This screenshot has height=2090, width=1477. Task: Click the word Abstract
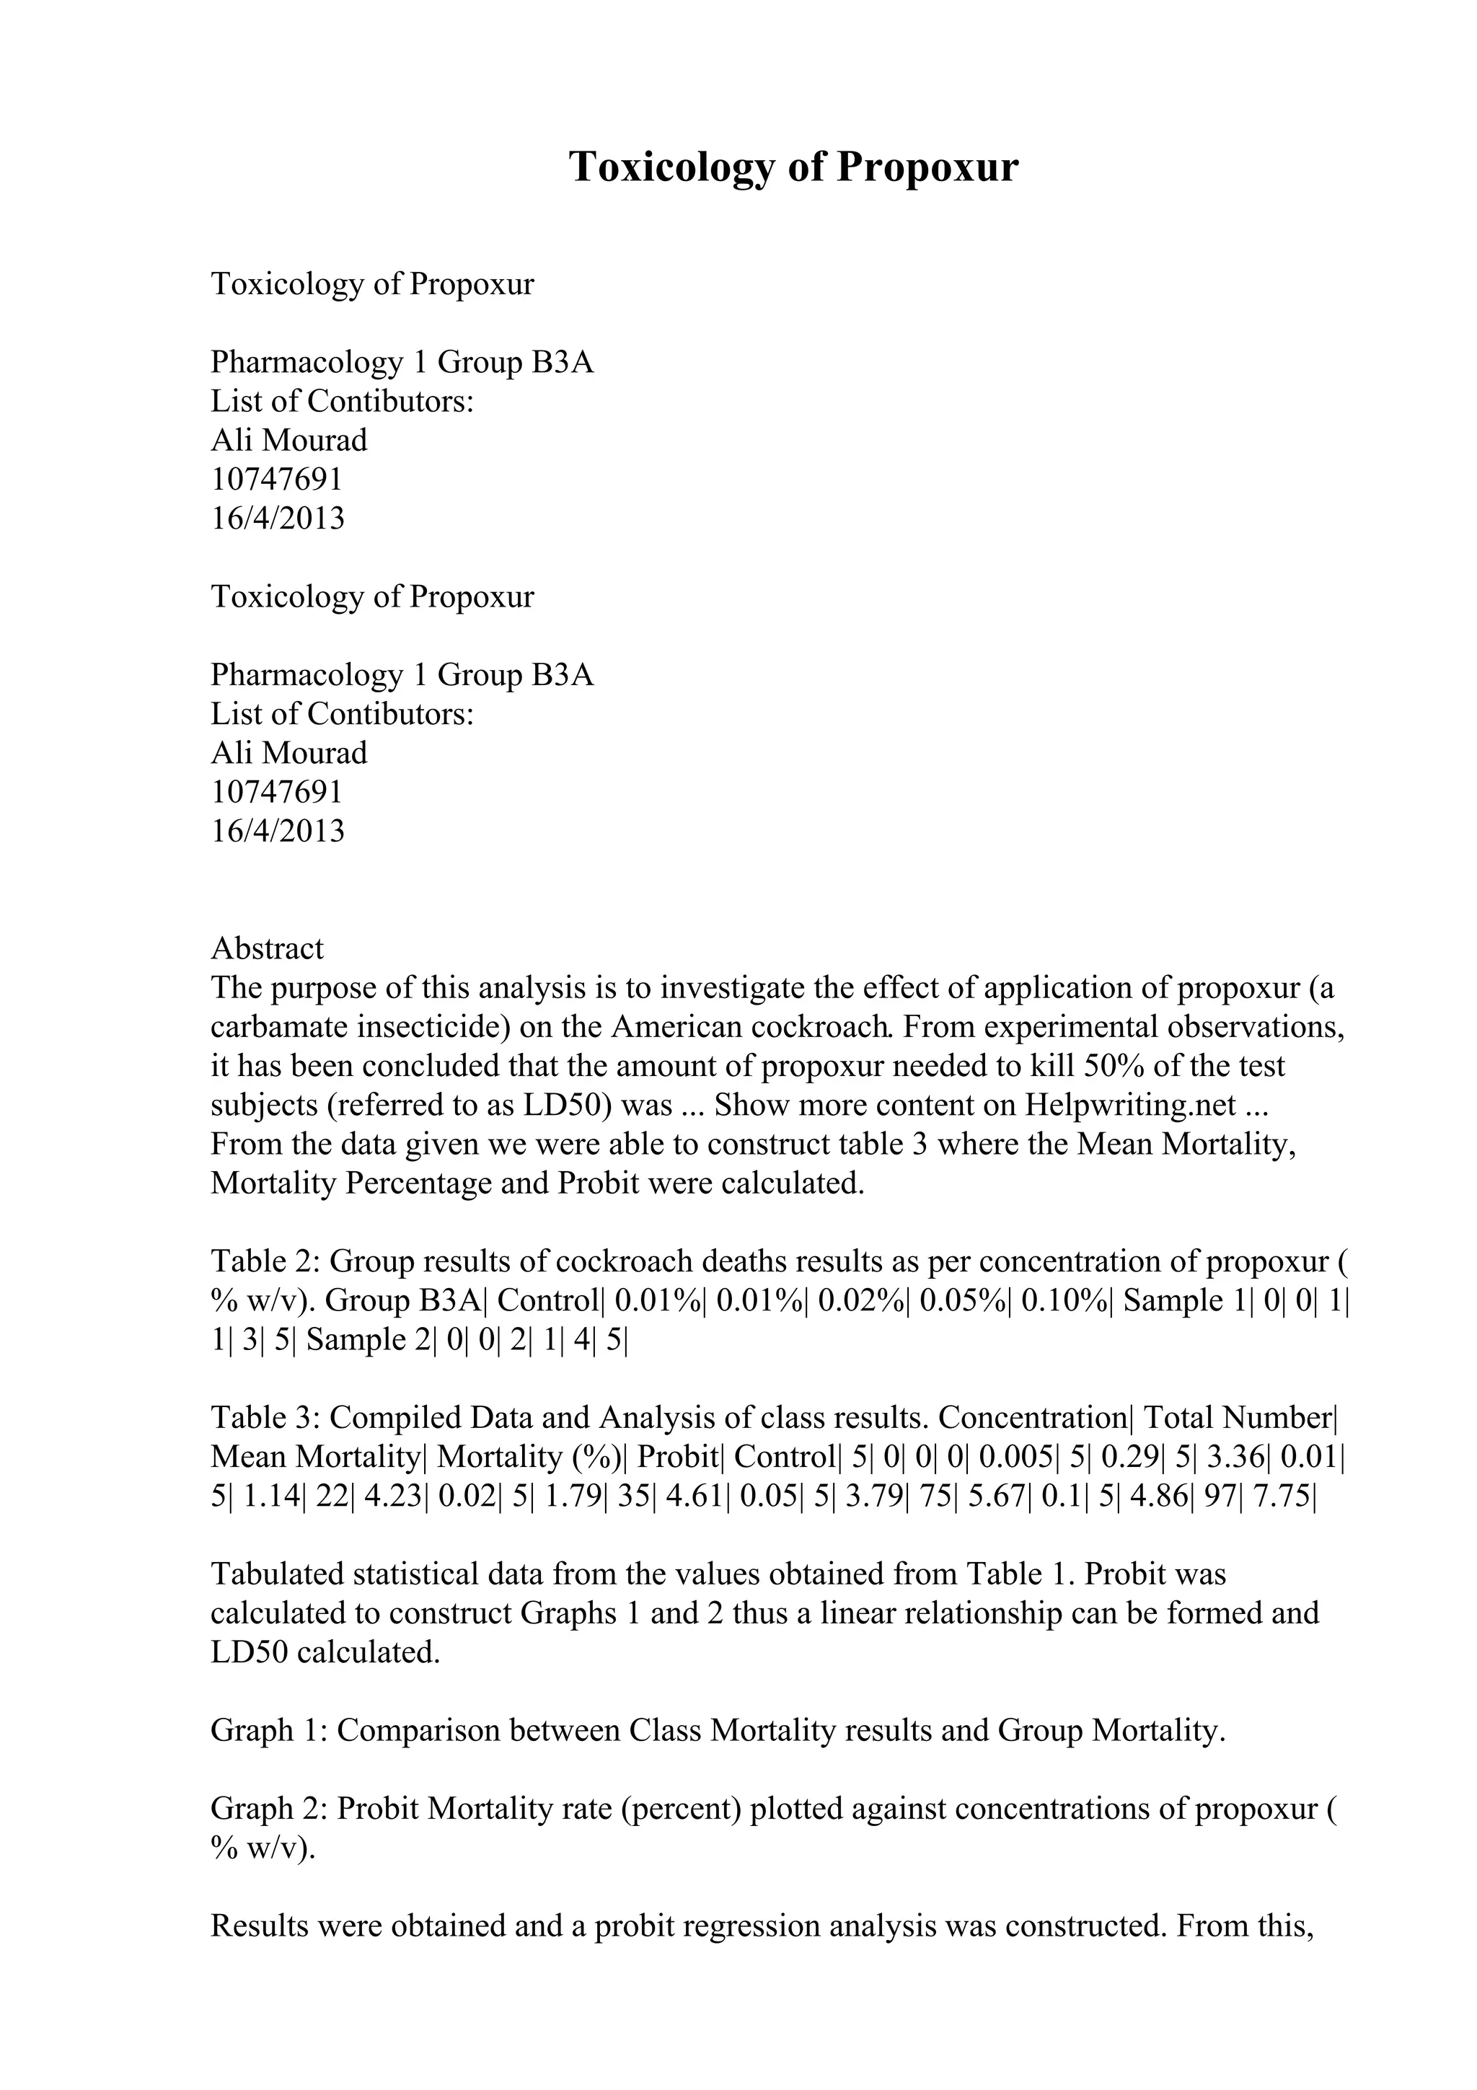pos(267,948)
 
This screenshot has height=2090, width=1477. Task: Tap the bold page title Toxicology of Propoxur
pos(793,167)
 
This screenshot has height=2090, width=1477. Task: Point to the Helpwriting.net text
pos(1130,1105)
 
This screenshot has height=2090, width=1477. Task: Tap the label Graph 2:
pos(270,1809)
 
